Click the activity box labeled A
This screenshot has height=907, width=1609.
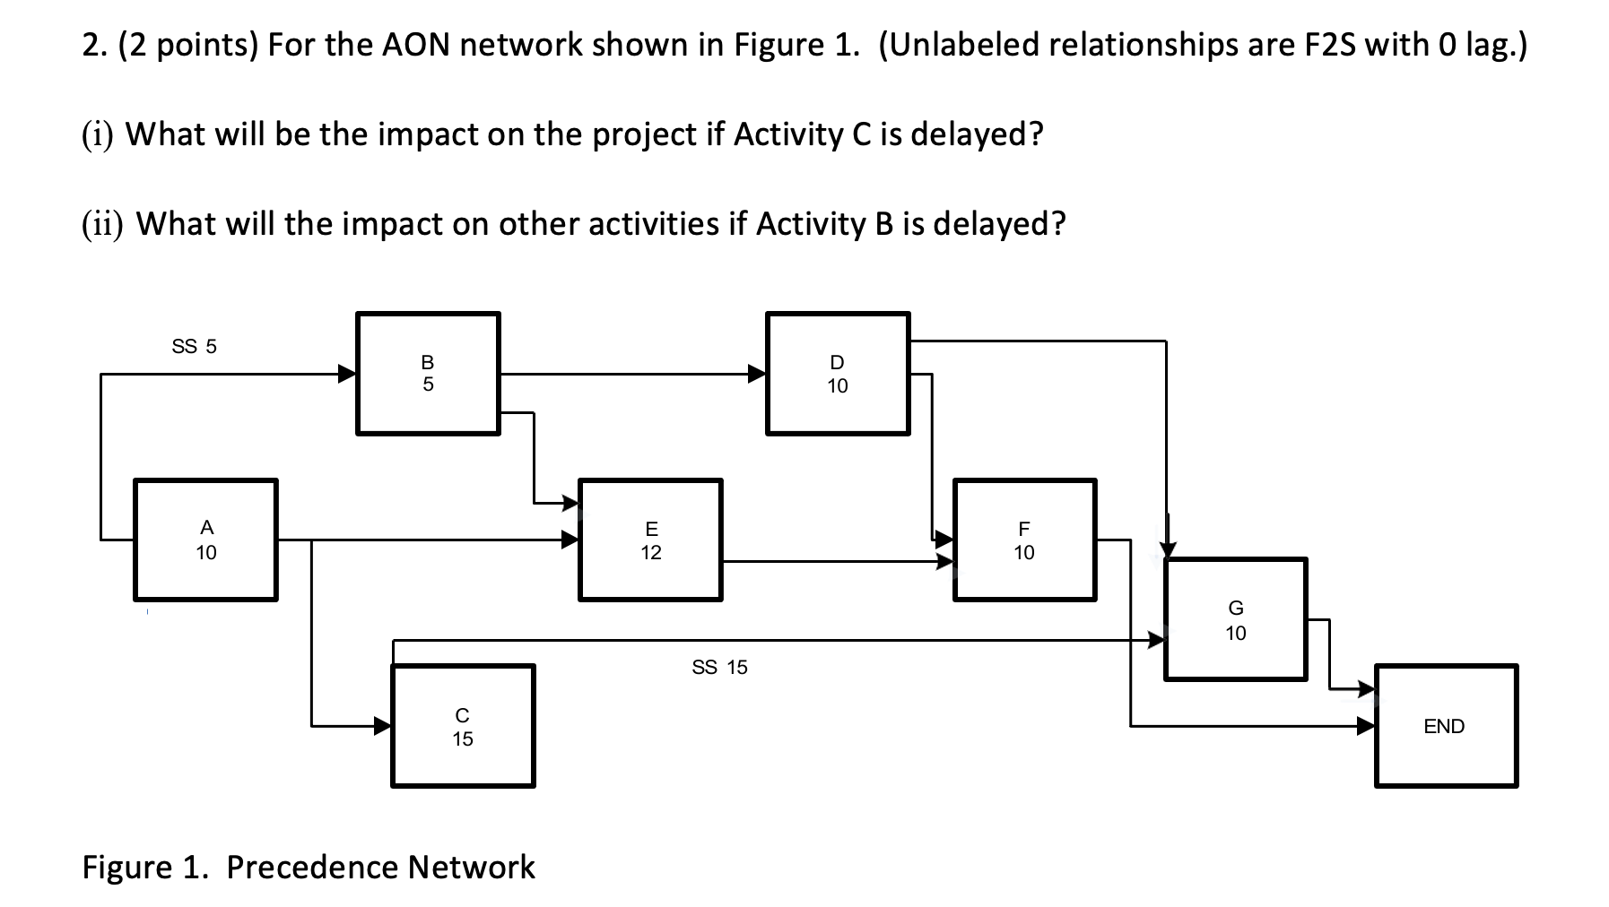coord(205,540)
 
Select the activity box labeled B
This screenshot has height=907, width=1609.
coord(428,374)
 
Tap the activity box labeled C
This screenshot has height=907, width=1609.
coord(463,726)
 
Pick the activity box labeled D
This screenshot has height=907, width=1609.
coord(837,374)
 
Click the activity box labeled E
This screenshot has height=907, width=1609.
coord(650,540)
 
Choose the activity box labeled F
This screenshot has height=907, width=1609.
coord(1024,540)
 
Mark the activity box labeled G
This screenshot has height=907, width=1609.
coord(1235,619)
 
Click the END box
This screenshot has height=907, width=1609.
coord(1445,726)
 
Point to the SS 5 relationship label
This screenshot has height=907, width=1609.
coord(194,346)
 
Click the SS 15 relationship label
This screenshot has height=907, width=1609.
coord(719,667)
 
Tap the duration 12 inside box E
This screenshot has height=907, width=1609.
coord(650,552)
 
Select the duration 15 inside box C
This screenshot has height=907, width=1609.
coord(463,739)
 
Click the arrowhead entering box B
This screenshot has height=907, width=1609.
coord(346,374)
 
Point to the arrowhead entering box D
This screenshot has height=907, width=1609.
coord(757,374)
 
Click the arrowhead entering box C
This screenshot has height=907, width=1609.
coord(383,725)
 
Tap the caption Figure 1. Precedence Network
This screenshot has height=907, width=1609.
coord(309,867)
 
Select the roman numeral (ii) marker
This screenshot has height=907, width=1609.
coord(102,223)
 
